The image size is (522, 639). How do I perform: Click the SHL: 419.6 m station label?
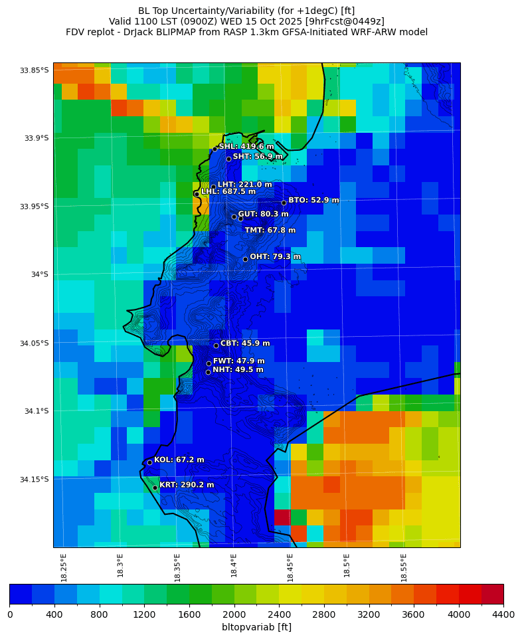(246, 147)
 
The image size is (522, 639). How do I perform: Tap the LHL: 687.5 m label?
(228, 192)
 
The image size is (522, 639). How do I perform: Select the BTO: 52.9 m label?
(313, 201)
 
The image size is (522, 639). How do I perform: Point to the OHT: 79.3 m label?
(275, 257)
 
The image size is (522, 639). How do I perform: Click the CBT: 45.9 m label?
(245, 344)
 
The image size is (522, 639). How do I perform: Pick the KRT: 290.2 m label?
(187, 486)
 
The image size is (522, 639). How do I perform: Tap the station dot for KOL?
(149, 462)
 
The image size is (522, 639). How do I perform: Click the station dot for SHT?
(228, 159)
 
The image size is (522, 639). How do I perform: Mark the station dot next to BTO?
(284, 203)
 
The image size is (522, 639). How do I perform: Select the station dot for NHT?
(208, 372)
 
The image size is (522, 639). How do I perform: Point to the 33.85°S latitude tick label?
(35, 70)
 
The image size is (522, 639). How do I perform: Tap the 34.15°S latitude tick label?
(35, 480)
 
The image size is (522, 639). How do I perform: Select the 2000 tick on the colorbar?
(234, 614)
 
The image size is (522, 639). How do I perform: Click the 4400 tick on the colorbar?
(503, 614)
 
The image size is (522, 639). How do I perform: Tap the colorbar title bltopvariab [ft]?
(256, 627)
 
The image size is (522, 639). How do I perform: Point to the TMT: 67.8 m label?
(270, 230)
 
